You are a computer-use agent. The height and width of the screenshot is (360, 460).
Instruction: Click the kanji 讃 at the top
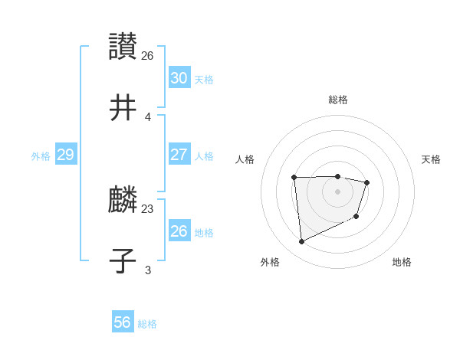(123, 46)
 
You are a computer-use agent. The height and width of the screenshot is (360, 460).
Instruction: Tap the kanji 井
(123, 109)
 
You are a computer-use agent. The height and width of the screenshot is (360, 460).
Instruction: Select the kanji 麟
(123, 201)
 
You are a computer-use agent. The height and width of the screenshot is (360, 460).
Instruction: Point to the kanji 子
(123, 260)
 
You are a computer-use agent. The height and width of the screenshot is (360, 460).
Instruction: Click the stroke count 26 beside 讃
(148, 56)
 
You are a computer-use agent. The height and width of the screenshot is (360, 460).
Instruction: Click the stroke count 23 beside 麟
(148, 208)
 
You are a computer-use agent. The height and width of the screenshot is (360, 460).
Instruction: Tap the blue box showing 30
(179, 78)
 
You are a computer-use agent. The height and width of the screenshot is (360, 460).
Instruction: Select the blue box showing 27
(179, 155)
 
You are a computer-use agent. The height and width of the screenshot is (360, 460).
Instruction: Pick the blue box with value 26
(179, 231)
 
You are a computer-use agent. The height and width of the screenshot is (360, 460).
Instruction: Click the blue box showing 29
(65, 155)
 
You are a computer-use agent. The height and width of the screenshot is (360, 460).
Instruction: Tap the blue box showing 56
(123, 322)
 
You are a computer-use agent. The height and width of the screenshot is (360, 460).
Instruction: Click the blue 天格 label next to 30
(204, 80)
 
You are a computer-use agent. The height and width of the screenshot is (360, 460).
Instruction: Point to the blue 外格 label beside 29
(41, 156)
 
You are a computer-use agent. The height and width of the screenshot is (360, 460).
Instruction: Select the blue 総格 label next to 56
(147, 324)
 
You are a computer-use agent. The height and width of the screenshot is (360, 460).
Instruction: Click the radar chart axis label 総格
(337, 100)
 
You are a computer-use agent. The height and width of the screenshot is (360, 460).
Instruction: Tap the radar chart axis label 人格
(245, 159)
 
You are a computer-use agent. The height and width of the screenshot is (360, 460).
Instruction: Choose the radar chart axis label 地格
(402, 262)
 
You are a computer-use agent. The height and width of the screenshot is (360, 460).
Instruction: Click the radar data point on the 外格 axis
(301, 242)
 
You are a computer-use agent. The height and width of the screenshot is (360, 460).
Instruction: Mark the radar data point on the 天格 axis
(367, 182)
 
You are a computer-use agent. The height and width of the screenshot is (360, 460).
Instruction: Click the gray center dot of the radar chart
(337, 191)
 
